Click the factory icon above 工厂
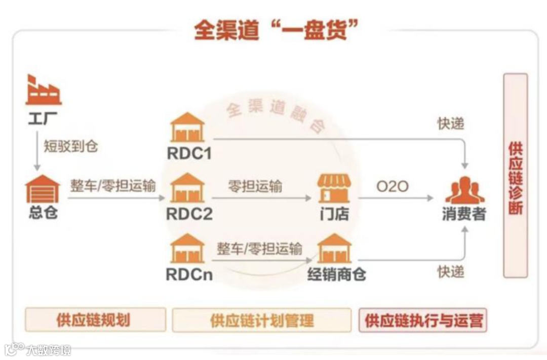pos(43,91)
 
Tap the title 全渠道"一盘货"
pos(273,30)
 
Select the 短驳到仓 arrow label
pos(70,146)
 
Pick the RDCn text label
pos(189,274)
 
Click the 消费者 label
pos(464,214)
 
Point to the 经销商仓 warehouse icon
pos(334,249)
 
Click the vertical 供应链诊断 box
pos(515,175)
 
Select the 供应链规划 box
pos(95,319)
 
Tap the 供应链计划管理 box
pos(261,320)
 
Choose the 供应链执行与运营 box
pos(423,320)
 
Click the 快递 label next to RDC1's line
pos(450,123)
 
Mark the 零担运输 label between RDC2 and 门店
pos(255,186)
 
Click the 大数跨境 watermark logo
pos(37,349)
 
